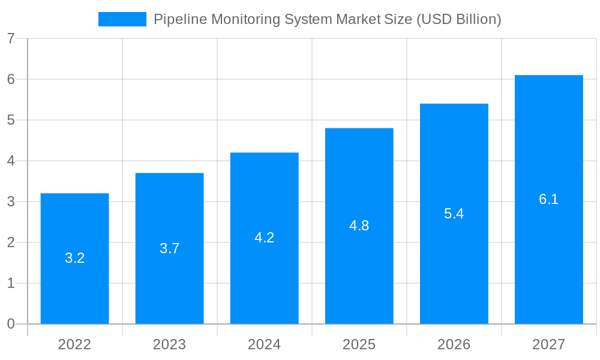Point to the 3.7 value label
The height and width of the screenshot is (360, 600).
169,248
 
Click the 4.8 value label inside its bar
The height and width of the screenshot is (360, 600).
359,226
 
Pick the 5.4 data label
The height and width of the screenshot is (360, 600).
454,214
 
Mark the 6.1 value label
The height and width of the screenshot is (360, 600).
548,199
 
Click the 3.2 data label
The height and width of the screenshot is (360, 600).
74,258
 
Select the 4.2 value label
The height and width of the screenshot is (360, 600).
264,238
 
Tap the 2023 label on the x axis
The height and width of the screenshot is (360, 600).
169,344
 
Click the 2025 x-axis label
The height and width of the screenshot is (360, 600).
359,344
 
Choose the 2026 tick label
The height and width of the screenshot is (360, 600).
454,344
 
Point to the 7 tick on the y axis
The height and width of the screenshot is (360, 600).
11,38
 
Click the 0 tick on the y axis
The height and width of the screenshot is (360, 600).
11,324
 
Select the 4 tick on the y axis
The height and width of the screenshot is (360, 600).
11,161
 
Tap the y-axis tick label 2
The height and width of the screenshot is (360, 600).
11,242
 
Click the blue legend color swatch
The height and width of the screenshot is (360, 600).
122,19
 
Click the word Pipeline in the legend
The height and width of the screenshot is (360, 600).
177,19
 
